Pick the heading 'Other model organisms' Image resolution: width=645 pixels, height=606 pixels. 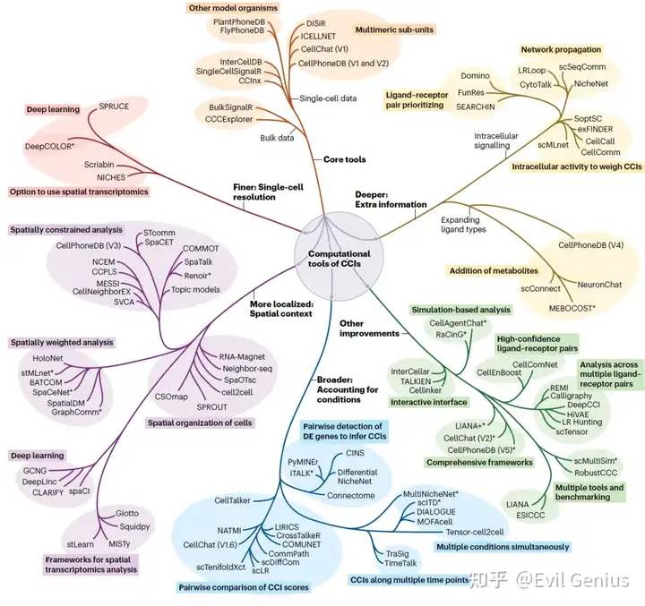232,8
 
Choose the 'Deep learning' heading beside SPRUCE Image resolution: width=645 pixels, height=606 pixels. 42,109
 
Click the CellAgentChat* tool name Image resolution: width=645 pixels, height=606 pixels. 459,322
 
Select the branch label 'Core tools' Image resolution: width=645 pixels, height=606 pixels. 344,159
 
